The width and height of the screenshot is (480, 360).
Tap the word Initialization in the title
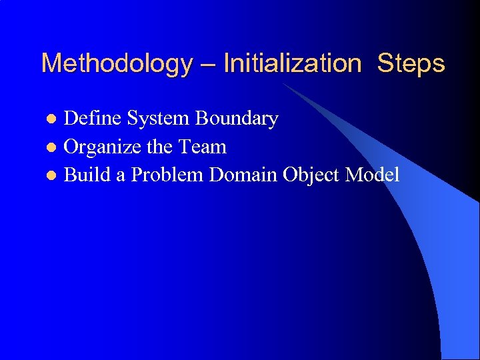pyautogui.click(x=292, y=64)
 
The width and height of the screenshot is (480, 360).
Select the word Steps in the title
pyautogui.click(x=411, y=64)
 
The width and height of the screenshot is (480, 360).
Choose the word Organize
pyautogui.click(x=103, y=147)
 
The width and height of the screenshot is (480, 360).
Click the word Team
pyautogui.click(x=203, y=147)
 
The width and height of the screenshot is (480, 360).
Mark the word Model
pyautogui.click(x=372, y=175)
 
